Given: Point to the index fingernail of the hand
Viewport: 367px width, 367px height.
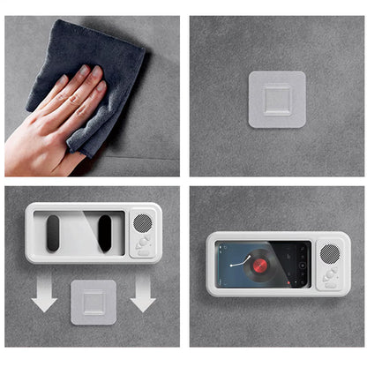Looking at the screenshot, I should (85, 70).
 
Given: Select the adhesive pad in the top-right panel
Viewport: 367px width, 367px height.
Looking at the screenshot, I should (277, 99).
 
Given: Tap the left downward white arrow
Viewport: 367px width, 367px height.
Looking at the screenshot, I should (44, 296).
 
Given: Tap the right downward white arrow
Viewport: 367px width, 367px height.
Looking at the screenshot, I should (142, 296).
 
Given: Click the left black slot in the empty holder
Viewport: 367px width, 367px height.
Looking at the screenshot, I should (54, 233).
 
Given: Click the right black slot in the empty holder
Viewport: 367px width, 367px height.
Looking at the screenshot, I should (105, 233).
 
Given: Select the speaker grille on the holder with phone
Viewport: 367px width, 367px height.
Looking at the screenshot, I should (329, 253).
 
